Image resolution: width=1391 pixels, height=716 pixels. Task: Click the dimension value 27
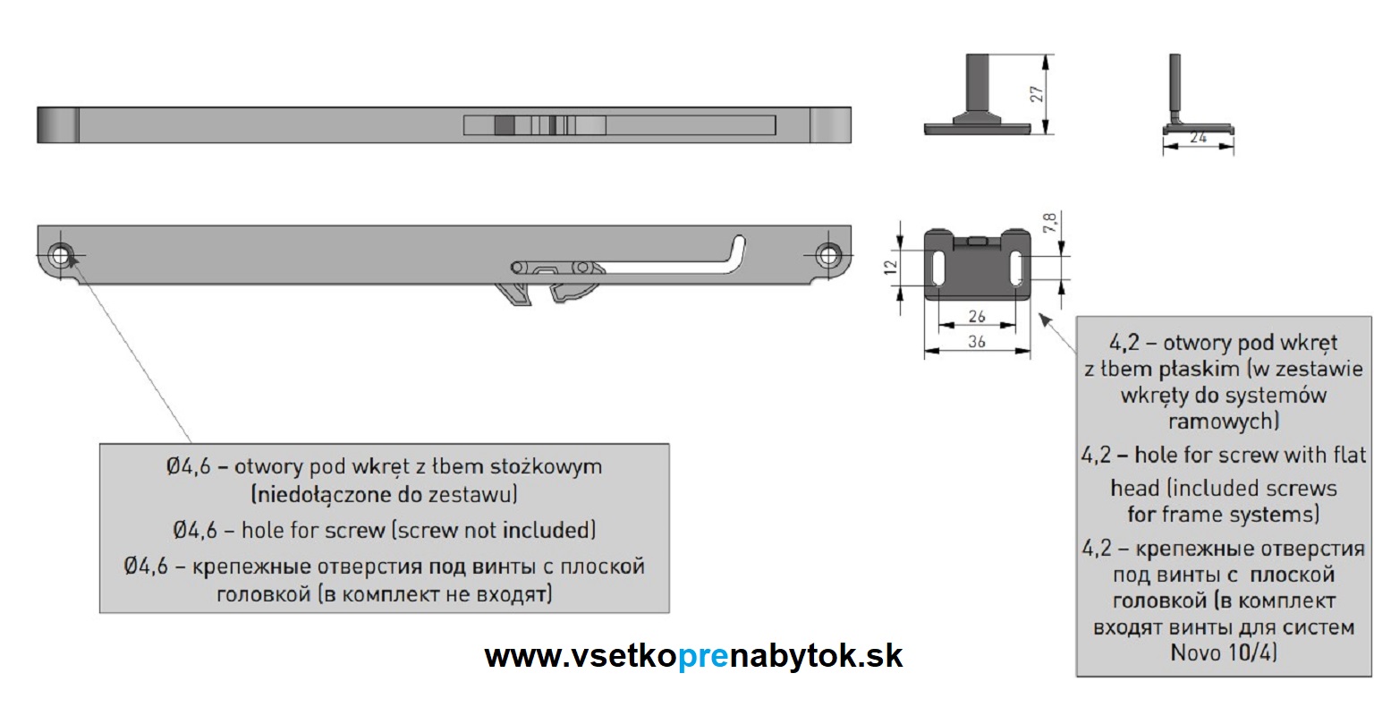pyautogui.click(x=1037, y=94)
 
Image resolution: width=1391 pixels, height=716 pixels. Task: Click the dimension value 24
pyautogui.click(x=1198, y=138)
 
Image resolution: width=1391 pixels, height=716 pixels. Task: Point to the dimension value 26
pyautogui.click(x=977, y=316)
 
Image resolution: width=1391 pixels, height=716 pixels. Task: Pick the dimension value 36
pyautogui.click(x=977, y=341)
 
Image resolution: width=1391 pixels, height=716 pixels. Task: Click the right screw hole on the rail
pyautogui.click(x=828, y=255)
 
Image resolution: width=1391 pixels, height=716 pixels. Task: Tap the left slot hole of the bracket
pyautogui.click(x=938, y=267)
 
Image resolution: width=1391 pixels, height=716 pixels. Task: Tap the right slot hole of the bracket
pyautogui.click(x=1016, y=267)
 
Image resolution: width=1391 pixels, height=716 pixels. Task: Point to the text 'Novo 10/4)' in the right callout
pyautogui.click(x=1223, y=652)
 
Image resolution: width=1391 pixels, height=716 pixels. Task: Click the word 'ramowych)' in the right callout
pyautogui.click(x=1223, y=421)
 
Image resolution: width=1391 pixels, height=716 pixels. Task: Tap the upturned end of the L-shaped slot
pyautogui.click(x=738, y=246)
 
